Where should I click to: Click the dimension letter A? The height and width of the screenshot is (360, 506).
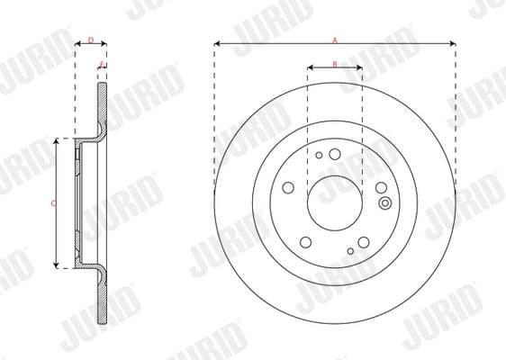[334, 40]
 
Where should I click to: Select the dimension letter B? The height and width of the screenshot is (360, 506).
[334, 63]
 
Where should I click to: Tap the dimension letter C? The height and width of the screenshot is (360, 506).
[52, 203]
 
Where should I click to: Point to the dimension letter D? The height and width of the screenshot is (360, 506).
[90, 40]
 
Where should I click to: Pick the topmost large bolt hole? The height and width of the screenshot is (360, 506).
[335, 154]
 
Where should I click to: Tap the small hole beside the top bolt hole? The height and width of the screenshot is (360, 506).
[319, 155]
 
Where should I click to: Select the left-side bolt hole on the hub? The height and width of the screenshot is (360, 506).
[288, 187]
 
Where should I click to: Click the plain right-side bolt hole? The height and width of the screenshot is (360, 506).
[381, 187]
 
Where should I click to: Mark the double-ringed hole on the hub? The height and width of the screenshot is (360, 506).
[385, 202]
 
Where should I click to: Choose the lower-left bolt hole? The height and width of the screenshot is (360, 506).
[305, 241]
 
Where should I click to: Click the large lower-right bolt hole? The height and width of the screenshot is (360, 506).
[363, 241]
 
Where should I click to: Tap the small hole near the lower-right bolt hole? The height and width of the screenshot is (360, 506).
[349, 250]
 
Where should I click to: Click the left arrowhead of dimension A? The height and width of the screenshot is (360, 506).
[217, 44]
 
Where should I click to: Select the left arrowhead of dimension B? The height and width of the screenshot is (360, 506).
[310, 67]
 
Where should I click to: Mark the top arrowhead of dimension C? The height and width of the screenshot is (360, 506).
[58, 141]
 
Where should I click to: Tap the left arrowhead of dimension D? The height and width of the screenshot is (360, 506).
[76, 44]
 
